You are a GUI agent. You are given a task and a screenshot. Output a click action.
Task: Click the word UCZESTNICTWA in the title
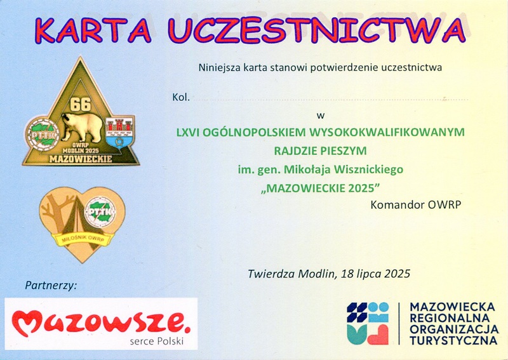click(317, 30)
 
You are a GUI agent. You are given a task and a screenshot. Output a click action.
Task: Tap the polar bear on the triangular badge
click(82, 127)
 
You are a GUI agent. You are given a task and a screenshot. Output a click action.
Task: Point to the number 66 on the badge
click(81, 104)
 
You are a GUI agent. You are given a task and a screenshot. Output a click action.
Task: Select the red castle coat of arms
click(119, 132)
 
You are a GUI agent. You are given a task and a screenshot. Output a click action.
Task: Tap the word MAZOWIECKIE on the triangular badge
click(81, 159)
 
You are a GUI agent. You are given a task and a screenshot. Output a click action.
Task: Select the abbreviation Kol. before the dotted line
click(181, 97)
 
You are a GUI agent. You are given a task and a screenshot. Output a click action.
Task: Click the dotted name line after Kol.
click(331, 100)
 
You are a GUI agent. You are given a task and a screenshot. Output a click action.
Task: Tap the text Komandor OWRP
click(416, 205)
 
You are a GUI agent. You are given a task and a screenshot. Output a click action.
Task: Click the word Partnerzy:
click(51, 286)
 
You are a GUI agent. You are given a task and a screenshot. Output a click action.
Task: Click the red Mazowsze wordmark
click(101, 322)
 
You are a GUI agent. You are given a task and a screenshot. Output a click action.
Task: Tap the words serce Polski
click(157, 341)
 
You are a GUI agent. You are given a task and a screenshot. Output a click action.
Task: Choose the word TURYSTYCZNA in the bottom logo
click(453, 340)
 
